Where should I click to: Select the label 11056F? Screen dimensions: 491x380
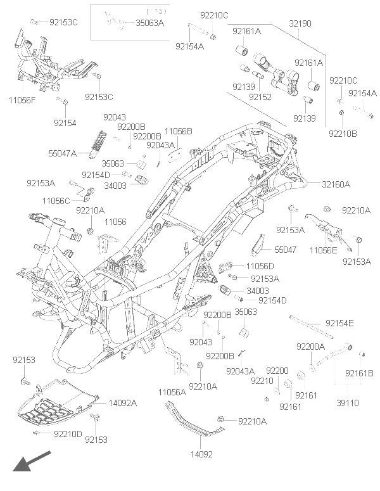23,100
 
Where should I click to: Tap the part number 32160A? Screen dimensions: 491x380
336,184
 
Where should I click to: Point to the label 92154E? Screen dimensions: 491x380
340,324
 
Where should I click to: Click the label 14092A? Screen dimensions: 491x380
123,403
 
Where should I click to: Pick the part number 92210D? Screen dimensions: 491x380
68,434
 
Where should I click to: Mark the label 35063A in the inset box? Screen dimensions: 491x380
149,23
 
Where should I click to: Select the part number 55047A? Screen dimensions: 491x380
62,153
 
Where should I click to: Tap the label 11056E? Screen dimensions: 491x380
323,251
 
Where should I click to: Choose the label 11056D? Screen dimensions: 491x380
260,266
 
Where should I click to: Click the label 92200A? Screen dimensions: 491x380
310,347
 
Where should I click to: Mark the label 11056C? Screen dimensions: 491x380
56,201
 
